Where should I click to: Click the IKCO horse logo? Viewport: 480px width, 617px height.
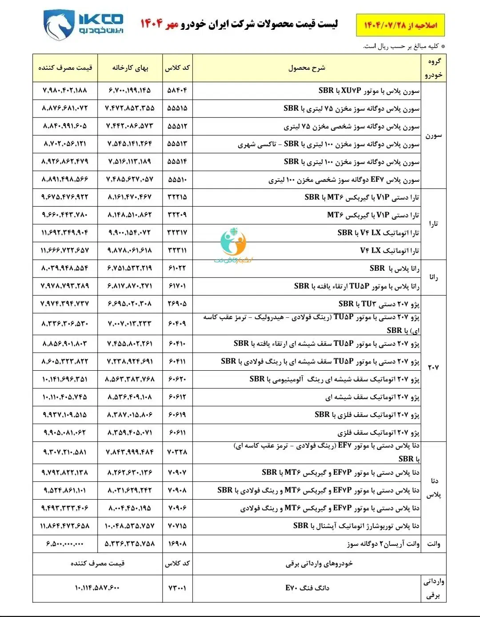60,25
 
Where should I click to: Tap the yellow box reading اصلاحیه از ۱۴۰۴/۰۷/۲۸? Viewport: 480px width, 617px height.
400,25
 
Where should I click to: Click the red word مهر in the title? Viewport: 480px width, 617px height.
172,24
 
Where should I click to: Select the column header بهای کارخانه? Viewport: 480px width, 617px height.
130,68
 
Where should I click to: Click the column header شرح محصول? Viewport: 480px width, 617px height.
307,68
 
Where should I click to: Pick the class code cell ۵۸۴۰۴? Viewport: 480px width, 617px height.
177,90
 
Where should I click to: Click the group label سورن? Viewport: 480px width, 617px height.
433,135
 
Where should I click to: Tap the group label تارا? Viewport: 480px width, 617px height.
433,224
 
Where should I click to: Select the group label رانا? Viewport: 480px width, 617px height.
433,277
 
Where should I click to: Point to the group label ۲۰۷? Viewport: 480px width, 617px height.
433,368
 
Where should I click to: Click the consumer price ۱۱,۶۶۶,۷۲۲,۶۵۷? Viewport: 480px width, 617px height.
65,250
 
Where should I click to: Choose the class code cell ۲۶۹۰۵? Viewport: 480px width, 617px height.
177,304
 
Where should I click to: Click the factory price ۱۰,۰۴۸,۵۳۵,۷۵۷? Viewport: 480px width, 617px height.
130,526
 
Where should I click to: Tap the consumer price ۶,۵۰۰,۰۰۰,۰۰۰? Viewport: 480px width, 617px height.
65,544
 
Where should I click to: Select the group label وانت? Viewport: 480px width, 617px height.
433,544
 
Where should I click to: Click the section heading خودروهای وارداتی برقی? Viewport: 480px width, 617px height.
319,564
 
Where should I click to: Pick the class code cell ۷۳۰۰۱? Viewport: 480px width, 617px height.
177,588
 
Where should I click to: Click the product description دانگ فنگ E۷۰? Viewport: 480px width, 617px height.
307,588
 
